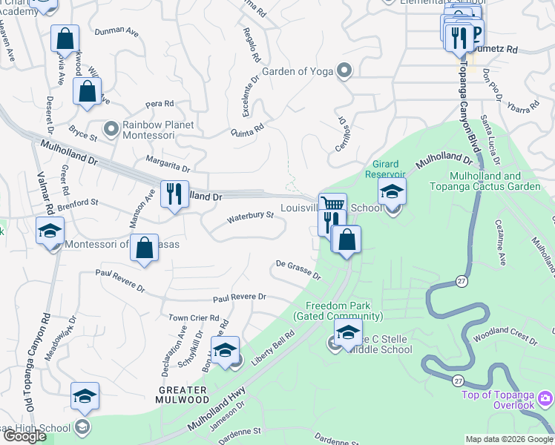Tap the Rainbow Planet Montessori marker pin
coord(111,130)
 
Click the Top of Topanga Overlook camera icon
coord(546,400)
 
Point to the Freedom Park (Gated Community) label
coord(338,311)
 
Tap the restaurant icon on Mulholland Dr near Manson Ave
coord(174,194)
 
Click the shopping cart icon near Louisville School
coord(332,204)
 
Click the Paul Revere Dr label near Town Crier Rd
coord(239,297)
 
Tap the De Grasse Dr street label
coord(298,270)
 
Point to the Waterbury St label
coord(250,217)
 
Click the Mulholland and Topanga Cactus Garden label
coord(485,181)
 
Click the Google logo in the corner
coord(24,436)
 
